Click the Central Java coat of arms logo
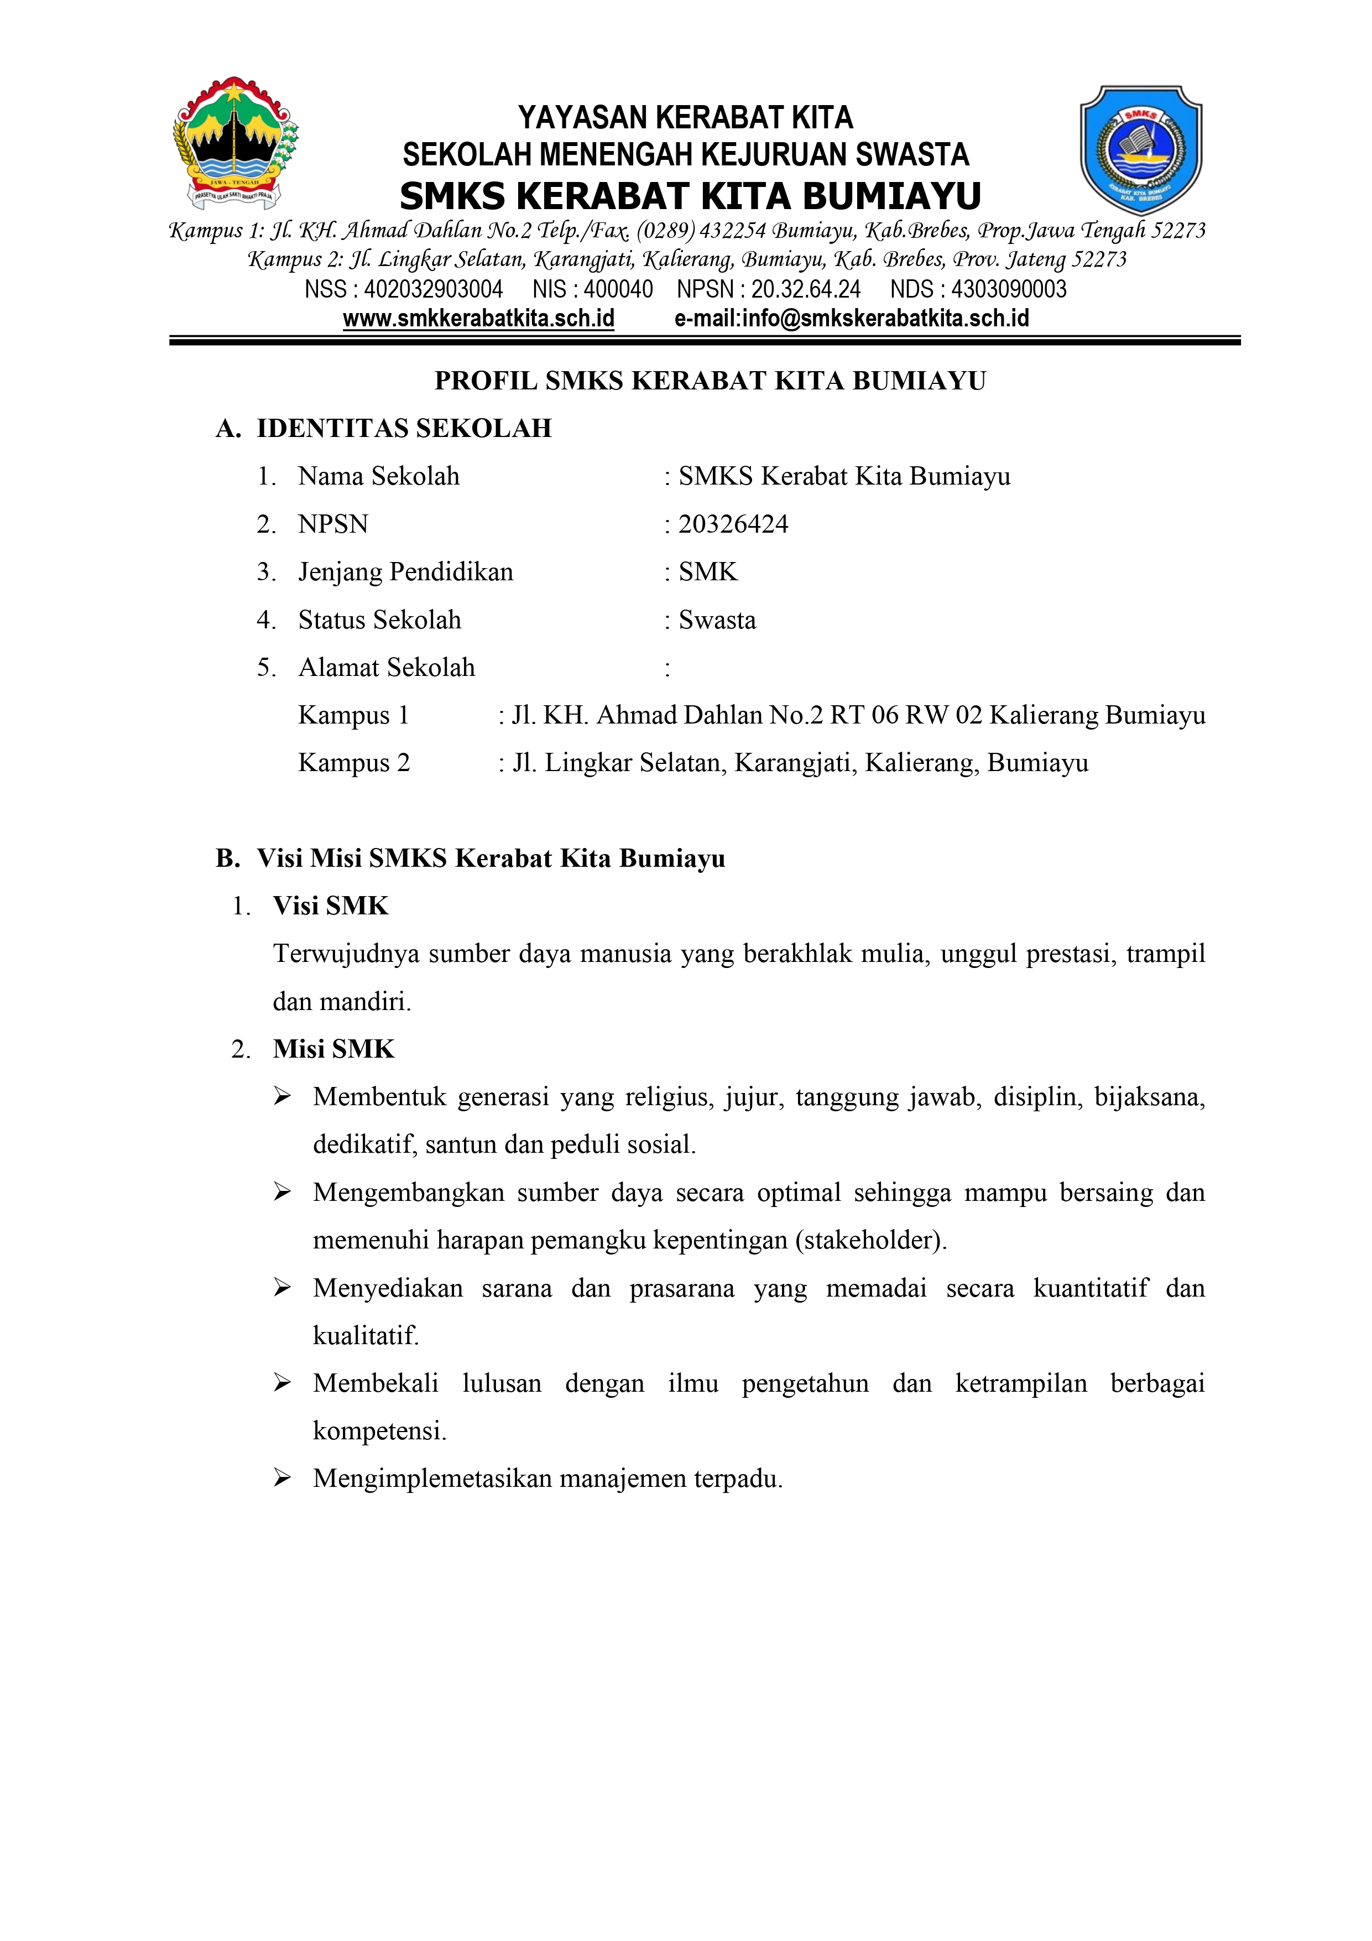pyautogui.click(x=235, y=144)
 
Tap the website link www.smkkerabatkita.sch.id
pyautogui.click(x=478, y=319)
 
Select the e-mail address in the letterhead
pyautogui.click(x=851, y=319)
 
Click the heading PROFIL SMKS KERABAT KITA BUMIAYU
pyautogui.click(x=710, y=381)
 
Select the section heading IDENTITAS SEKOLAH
pyautogui.click(x=404, y=429)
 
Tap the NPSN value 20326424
pyautogui.click(x=733, y=524)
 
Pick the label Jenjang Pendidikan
pyautogui.click(x=406, y=573)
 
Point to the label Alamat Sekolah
pyautogui.click(x=387, y=668)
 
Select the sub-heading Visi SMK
pyautogui.click(x=331, y=906)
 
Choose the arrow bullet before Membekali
pyautogui.click(x=283, y=1383)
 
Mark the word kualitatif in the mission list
pyautogui.click(x=365, y=1336)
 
